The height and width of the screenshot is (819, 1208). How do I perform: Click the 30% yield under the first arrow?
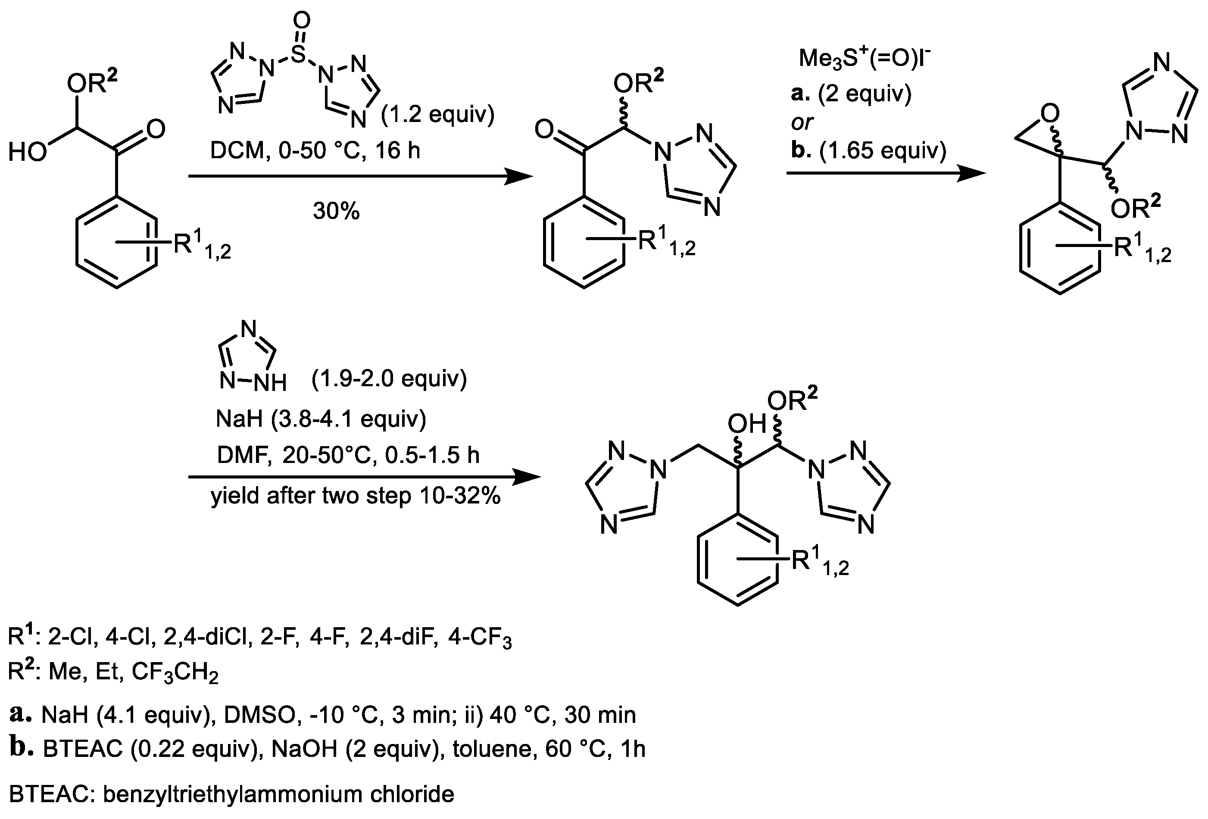point(336,212)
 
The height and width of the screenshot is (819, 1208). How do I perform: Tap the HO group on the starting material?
point(27,153)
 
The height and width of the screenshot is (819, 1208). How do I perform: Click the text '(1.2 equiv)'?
point(438,114)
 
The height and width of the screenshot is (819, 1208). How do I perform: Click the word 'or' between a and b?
point(802,123)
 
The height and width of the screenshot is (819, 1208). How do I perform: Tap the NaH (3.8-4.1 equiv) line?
point(321,418)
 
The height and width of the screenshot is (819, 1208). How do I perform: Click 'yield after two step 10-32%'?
point(356,496)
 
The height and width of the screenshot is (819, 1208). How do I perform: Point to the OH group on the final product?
point(747,424)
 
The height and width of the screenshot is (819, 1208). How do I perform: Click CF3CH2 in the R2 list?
point(175,673)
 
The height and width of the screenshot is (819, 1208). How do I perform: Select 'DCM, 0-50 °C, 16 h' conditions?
point(315,150)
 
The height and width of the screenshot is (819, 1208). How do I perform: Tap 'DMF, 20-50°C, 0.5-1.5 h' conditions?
point(348,455)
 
